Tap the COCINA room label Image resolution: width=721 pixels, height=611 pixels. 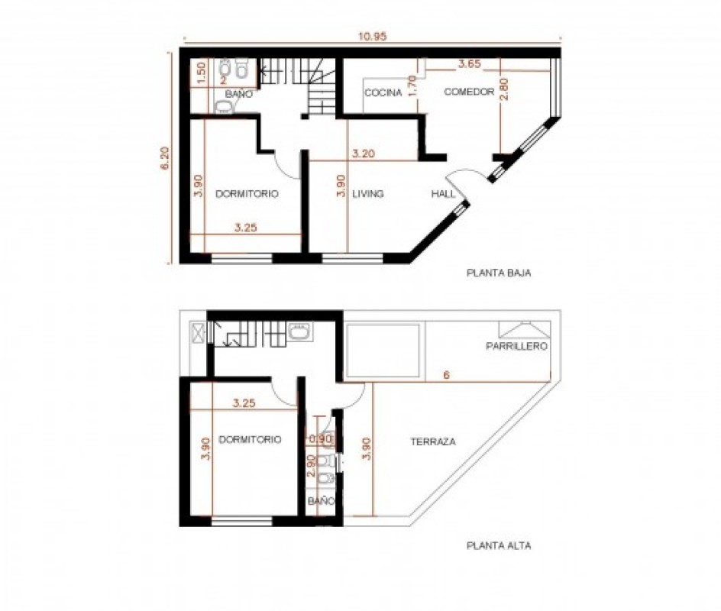[x=383, y=93]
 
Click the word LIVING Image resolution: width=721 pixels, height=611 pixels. [x=367, y=194]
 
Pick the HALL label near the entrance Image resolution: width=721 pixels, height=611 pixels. [x=443, y=194]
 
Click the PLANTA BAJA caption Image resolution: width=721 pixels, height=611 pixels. [x=498, y=272]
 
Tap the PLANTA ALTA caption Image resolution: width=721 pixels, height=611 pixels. [x=498, y=546]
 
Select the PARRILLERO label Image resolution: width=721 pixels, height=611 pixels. [x=517, y=346]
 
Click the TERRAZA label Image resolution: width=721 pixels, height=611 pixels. [x=433, y=441]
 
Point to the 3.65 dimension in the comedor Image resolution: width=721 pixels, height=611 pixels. [x=469, y=65]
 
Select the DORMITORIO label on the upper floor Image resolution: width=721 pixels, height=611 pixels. [x=250, y=440]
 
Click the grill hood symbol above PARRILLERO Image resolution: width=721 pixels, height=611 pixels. [x=522, y=329]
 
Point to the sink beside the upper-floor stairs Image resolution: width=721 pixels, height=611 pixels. [x=300, y=331]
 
